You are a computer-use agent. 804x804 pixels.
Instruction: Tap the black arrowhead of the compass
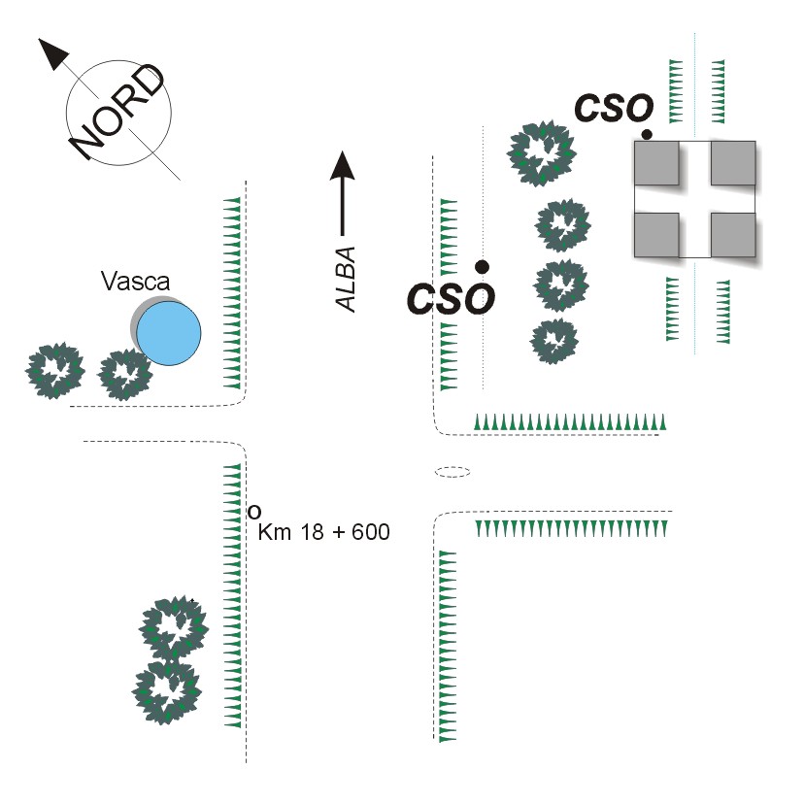54,53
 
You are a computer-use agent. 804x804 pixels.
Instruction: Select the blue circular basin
169,333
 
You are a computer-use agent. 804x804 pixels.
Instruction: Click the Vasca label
135,283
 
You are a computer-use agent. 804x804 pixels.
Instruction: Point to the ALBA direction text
347,280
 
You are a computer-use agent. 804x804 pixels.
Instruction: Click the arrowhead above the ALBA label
342,166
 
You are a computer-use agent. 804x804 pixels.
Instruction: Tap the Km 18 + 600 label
324,531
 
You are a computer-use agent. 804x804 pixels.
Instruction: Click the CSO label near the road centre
452,298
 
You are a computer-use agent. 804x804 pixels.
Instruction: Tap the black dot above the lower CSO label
482,266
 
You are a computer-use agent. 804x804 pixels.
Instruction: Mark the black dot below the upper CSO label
647,133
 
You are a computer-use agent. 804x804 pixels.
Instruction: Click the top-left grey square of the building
655,163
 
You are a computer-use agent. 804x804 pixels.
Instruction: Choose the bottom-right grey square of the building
733,234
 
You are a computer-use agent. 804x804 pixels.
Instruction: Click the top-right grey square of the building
733,163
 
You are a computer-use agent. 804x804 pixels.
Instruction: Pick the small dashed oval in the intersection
452,472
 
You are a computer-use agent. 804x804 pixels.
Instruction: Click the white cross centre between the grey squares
694,199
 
